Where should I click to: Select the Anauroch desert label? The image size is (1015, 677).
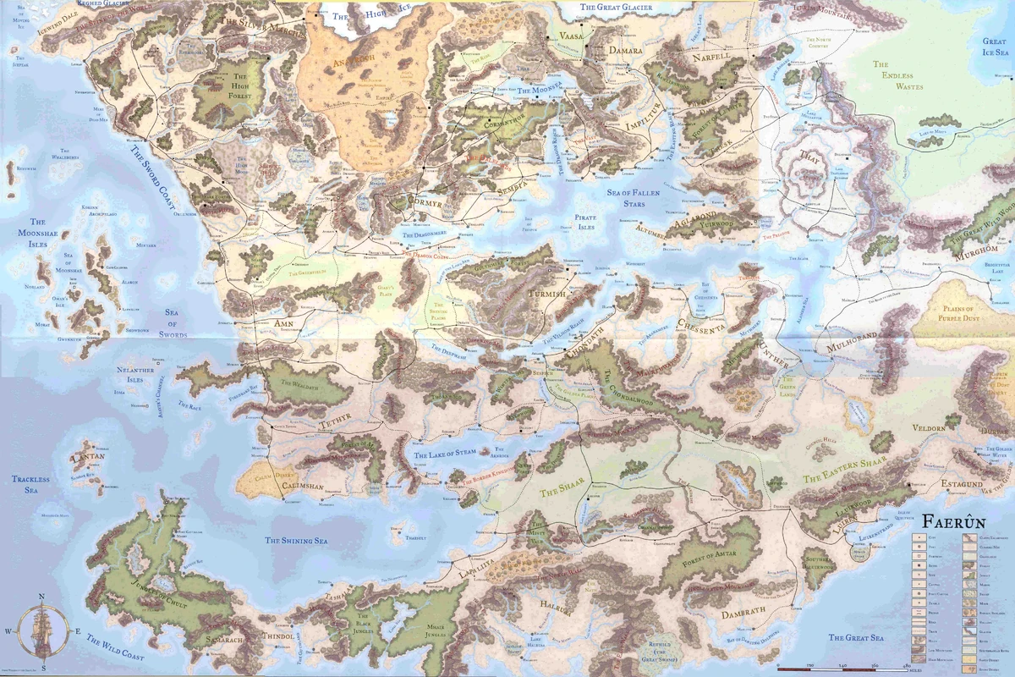[x=332, y=60]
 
